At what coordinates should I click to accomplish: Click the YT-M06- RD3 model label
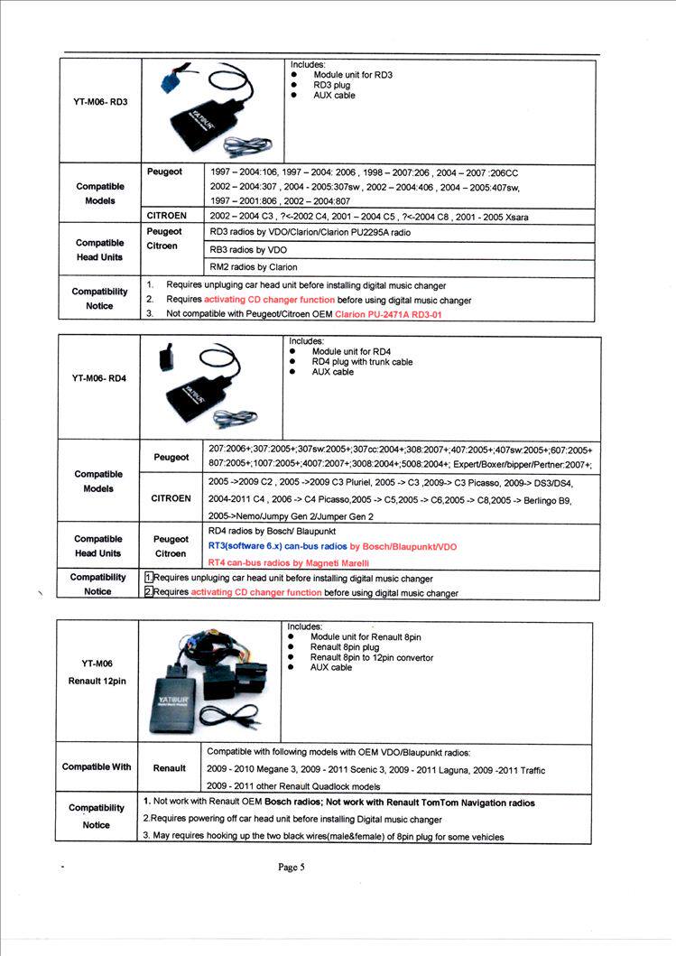[x=100, y=102]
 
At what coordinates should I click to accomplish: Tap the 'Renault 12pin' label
[x=97, y=681]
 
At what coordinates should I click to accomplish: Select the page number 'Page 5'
[x=292, y=868]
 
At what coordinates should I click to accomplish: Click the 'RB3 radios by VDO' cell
[x=248, y=249]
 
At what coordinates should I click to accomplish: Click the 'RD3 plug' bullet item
[x=333, y=86]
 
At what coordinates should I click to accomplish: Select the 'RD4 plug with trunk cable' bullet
[x=362, y=362]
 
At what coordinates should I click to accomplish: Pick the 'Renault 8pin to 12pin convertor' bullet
[x=371, y=657]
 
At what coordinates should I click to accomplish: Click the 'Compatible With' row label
[x=97, y=767]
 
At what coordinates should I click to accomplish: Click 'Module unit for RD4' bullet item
[x=351, y=352]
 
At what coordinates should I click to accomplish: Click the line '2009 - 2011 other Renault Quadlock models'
[x=293, y=786]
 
